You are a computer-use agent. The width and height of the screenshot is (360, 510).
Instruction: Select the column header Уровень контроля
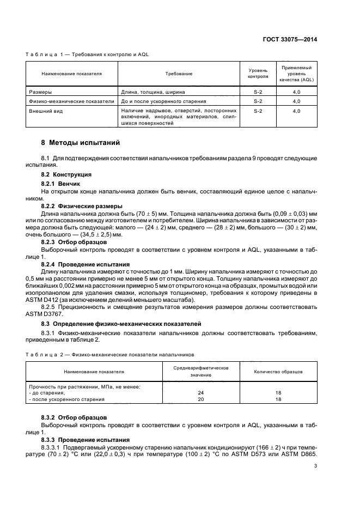[x=258, y=73]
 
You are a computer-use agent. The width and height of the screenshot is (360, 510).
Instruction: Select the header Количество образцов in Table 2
[x=278, y=372]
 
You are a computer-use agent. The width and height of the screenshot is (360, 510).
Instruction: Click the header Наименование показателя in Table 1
[x=71, y=73]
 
